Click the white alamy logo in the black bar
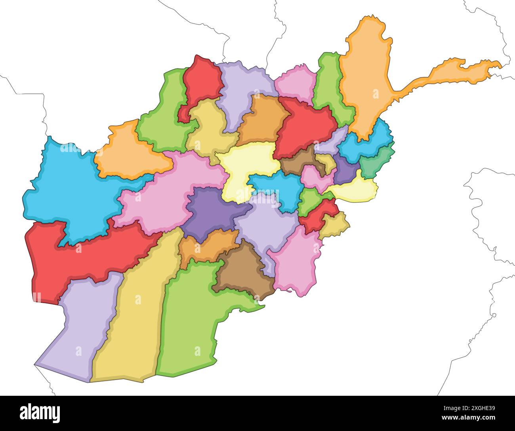point(40,413)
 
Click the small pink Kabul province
point(315,178)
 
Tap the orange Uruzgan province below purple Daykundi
point(206,247)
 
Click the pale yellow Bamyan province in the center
point(248,166)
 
